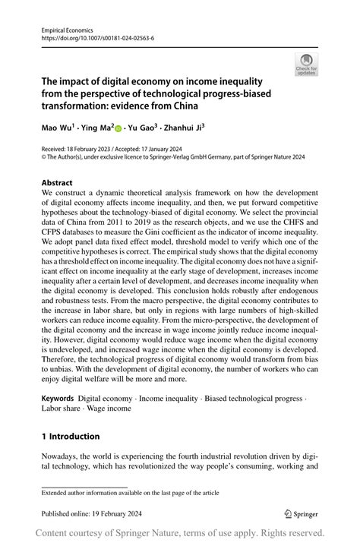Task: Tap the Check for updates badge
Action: coord(306,65)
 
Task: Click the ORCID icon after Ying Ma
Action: coord(118,128)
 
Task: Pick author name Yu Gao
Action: coord(143,128)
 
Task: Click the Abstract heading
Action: coord(57,183)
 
